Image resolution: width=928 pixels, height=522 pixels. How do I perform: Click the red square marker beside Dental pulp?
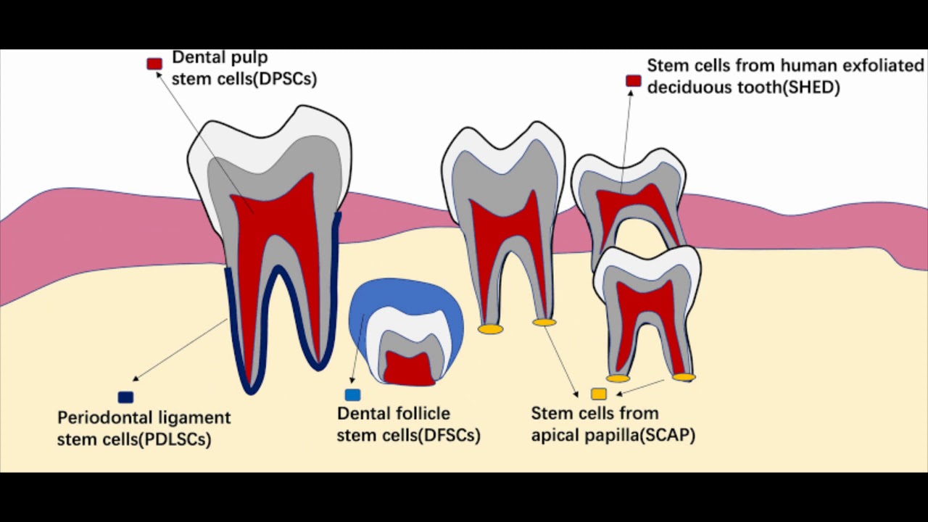[154, 64]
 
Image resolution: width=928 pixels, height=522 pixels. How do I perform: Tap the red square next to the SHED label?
[634, 81]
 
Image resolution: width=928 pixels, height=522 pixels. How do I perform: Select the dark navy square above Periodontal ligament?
[125, 397]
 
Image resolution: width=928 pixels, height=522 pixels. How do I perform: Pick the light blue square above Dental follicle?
[352, 395]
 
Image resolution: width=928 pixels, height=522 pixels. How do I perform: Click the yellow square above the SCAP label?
[599, 394]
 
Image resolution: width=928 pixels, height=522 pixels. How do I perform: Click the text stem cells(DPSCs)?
[244, 79]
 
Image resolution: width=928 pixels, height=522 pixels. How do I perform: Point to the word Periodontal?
[98, 418]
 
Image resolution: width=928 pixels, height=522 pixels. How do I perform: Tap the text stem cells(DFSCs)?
[408, 436]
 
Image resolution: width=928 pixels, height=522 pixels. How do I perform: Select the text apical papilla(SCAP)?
[613, 435]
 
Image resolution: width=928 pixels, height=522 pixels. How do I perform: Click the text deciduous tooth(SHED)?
[743, 88]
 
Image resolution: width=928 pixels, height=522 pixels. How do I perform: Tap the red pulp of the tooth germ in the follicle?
[408, 368]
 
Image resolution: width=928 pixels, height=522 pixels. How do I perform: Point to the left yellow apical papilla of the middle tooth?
[490, 329]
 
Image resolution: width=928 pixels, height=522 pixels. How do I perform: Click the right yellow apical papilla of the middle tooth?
[544, 322]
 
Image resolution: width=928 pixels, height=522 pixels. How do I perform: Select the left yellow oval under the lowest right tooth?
[618, 378]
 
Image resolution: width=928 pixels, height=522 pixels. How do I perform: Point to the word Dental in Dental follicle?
[365, 413]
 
